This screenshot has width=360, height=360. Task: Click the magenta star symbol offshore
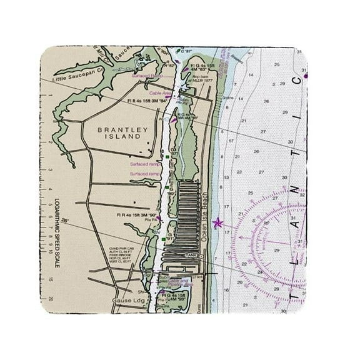(x=217, y=222)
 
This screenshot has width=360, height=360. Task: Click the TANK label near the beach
(x=190, y=255)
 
